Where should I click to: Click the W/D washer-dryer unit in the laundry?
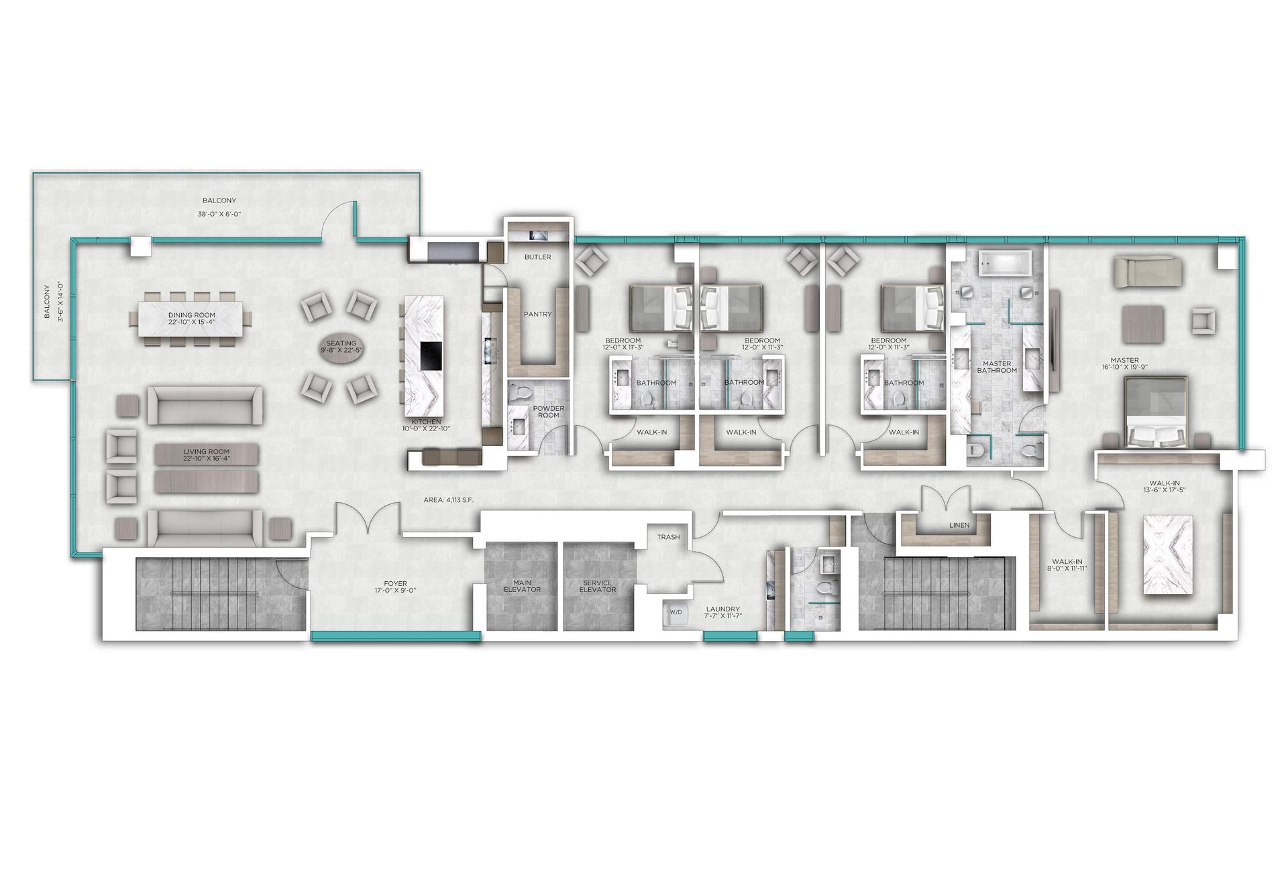676,614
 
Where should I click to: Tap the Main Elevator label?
522,587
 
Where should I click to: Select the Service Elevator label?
597,587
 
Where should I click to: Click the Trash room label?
668,537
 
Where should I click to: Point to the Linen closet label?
959,525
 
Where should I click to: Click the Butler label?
538,257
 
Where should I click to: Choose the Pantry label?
538,314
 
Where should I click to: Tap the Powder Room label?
549,412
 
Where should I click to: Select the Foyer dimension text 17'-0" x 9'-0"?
391,591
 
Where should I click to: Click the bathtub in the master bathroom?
1008,264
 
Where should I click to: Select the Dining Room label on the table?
192,314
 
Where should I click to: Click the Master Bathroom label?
997,367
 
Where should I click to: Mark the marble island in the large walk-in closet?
1168,554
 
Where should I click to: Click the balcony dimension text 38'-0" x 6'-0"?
219,214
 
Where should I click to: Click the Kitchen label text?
427,422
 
